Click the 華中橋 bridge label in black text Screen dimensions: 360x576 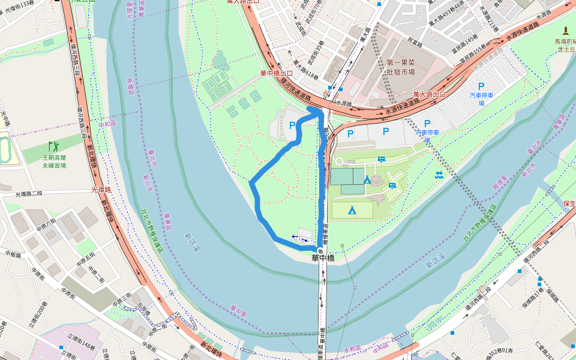(322, 259)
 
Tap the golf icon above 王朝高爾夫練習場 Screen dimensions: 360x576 (53, 146)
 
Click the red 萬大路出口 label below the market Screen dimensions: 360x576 (430, 94)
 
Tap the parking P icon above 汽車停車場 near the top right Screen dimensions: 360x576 (481, 86)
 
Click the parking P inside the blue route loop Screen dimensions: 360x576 (292, 125)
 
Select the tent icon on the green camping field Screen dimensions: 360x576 (352, 210)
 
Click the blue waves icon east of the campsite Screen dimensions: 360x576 (439, 175)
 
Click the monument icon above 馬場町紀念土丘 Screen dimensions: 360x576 (565, 31)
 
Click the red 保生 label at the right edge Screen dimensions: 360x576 (569, 203)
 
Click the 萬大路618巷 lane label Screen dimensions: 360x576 (305, 76)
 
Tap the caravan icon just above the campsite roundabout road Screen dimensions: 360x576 (382, 159)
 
